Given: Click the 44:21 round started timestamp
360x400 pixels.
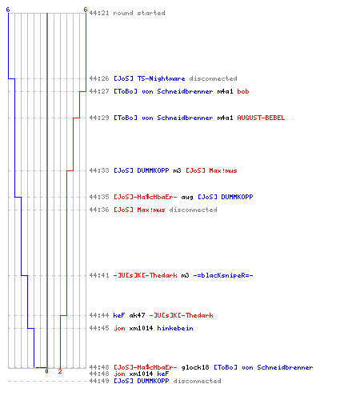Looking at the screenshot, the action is point(99,13).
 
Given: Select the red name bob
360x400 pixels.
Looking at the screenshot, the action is point(243,91).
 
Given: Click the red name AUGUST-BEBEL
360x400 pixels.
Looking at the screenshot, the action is point(261,118).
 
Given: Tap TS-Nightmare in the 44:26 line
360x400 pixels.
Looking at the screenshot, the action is point(161,78).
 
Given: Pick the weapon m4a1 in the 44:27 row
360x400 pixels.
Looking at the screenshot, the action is point(225,91).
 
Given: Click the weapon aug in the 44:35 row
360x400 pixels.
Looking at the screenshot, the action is point(187,198).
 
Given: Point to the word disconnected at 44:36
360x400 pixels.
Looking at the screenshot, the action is point(193,210).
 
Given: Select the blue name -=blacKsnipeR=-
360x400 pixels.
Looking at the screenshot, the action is point(223,275).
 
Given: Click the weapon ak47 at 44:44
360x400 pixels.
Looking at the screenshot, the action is point(137,315).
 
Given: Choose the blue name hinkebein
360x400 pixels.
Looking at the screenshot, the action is point(175,328).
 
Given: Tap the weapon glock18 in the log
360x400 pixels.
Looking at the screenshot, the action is point(195,367).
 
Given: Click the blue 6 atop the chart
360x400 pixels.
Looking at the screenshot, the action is point(8,10).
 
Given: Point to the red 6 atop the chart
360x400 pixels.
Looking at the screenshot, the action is point(85,10).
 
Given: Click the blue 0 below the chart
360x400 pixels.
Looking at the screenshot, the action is point(46,371).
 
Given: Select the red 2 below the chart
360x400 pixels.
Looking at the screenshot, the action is point(60,371).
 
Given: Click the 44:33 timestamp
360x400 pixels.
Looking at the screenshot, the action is point(99,170).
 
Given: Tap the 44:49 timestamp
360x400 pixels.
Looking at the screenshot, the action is point(99,381).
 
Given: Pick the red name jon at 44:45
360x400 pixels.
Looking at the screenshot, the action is point(119,328).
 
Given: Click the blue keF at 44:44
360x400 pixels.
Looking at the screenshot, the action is point(119,315).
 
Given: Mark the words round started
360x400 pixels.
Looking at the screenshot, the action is point(139,13).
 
